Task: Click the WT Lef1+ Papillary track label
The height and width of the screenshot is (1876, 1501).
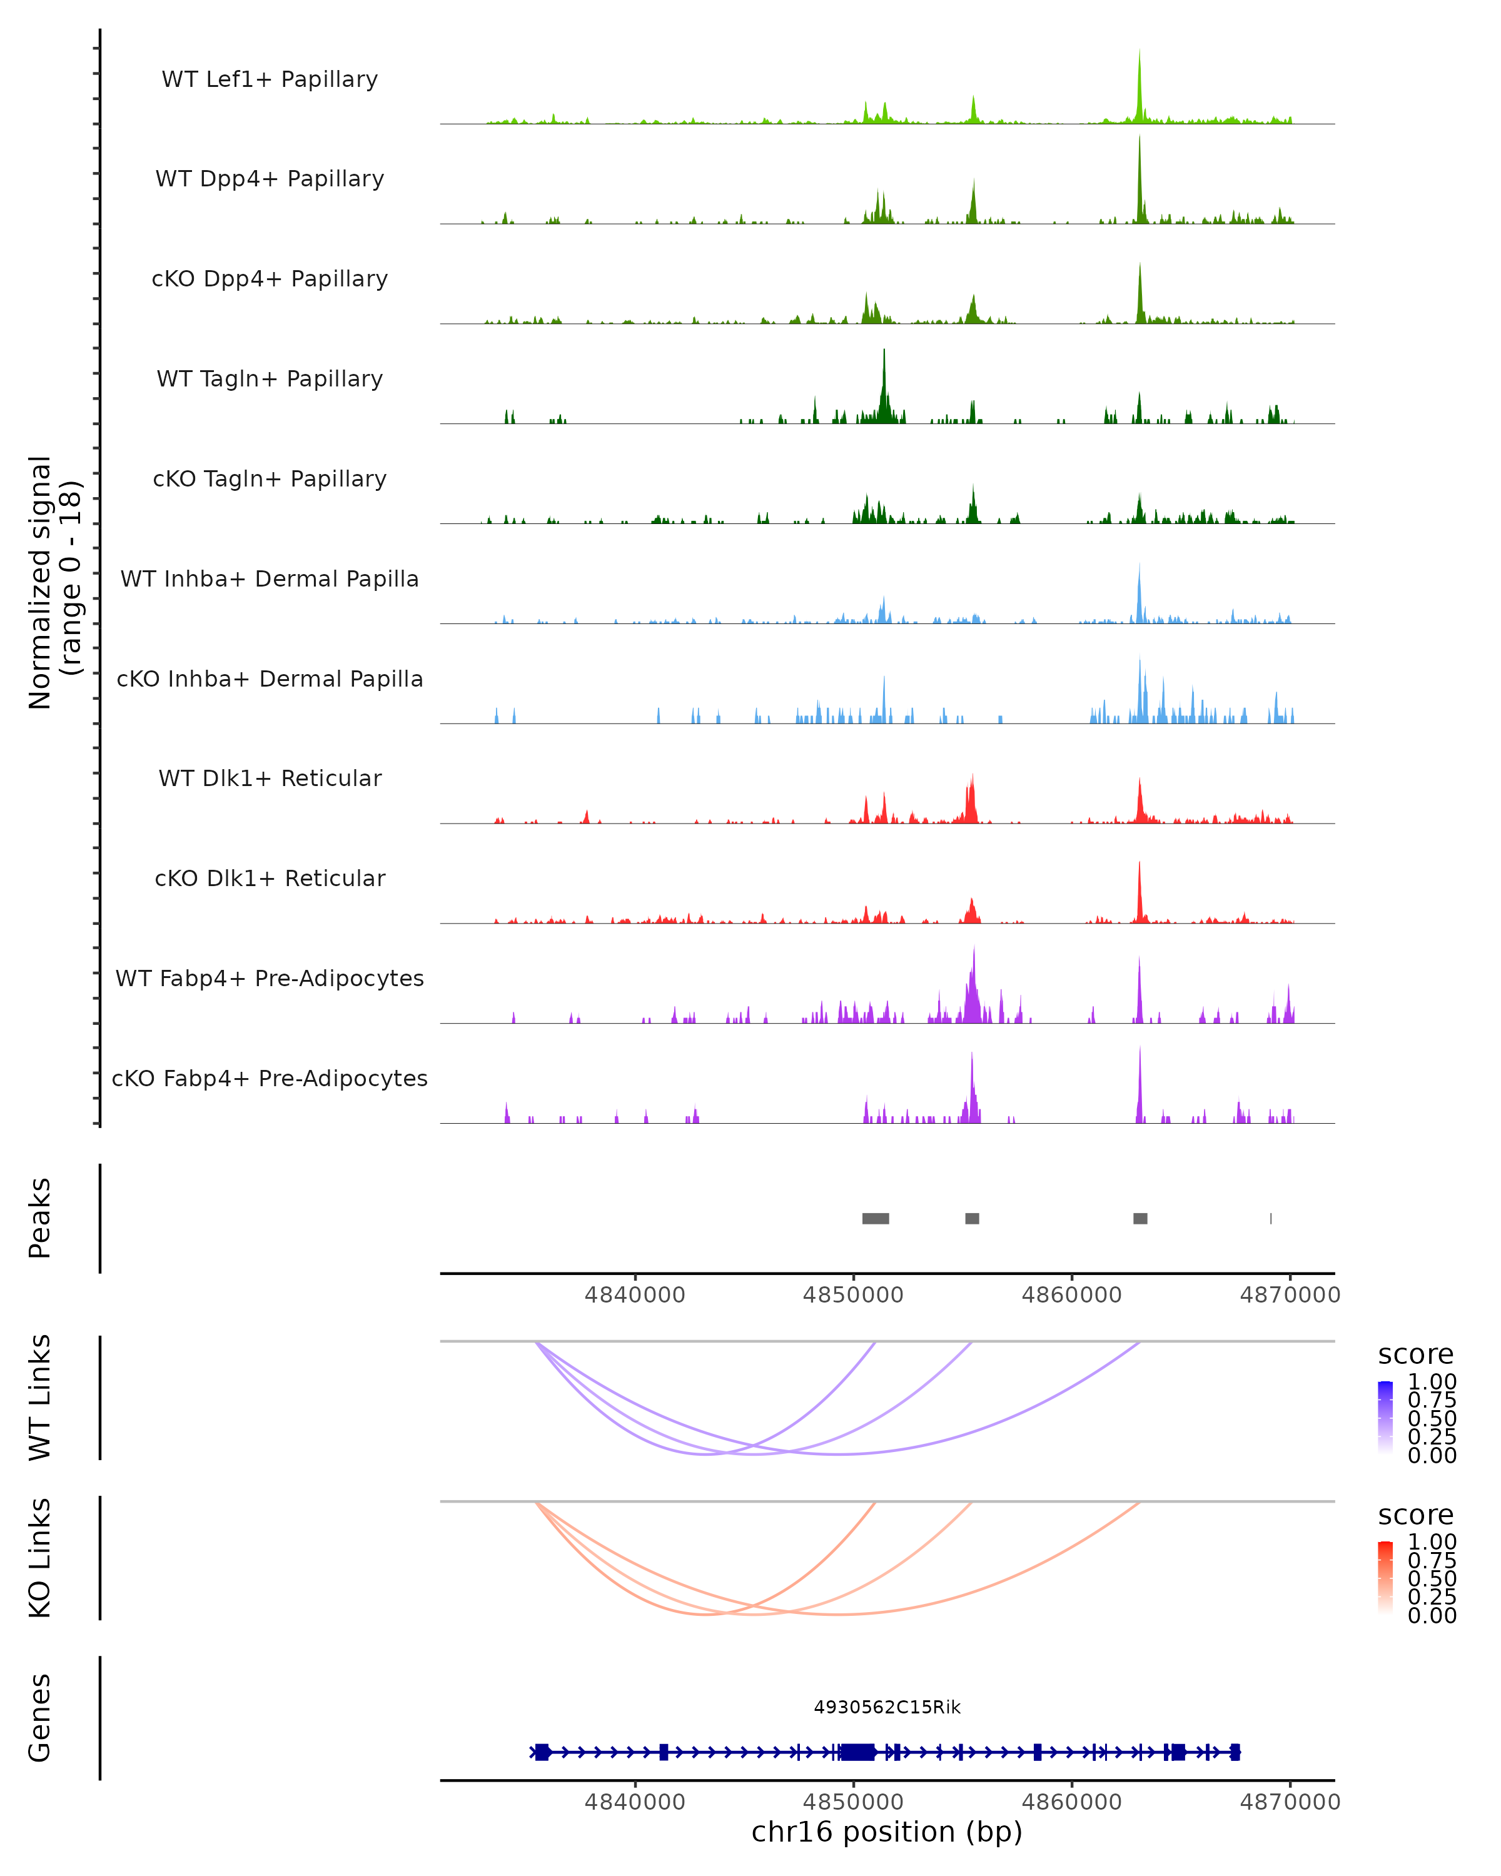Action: coord(270,79)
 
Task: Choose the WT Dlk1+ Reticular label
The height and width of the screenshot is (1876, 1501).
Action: coord(270,778)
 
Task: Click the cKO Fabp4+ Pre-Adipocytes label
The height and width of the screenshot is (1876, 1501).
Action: coord(270,1078)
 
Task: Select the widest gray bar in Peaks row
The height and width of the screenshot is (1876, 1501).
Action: coord(876,1218)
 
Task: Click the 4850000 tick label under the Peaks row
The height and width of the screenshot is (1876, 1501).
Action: coord(852,1295)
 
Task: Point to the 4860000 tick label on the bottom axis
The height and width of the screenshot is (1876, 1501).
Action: coord(1071,1802)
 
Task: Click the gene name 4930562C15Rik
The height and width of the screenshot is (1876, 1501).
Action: coord(887,1707)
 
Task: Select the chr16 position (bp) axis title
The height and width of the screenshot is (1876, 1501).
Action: coord(887,1832)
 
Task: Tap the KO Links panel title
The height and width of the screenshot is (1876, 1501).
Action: coord(40,1558)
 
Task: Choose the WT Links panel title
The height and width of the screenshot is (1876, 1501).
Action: coord(40,1398)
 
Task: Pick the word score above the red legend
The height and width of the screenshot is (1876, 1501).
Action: coord(1415,1515)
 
